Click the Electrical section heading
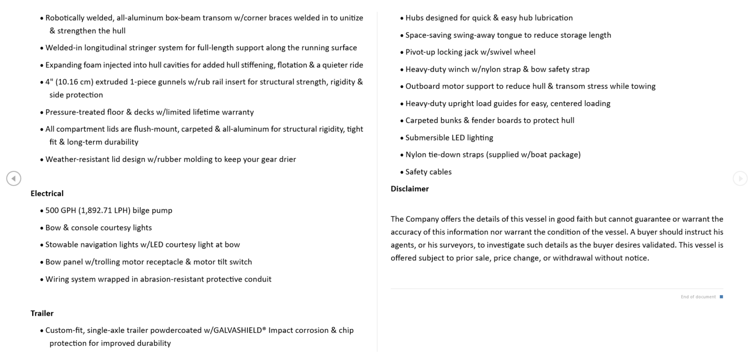[x=47, y=194]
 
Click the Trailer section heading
[x=42, y=313]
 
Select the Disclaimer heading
[x=409, y=189]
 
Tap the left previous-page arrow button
[x=14, y=178]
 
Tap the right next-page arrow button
[x=740, y=178]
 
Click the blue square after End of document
[x=721, y=297]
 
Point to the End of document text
[x=698, y=297]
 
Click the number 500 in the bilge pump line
[x=52, y=211]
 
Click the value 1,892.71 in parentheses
[x=96, y=211]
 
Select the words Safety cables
[x=428, y=172]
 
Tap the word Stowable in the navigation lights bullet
[x=61, y=245]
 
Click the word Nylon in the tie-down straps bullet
[x=415, y=155]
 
